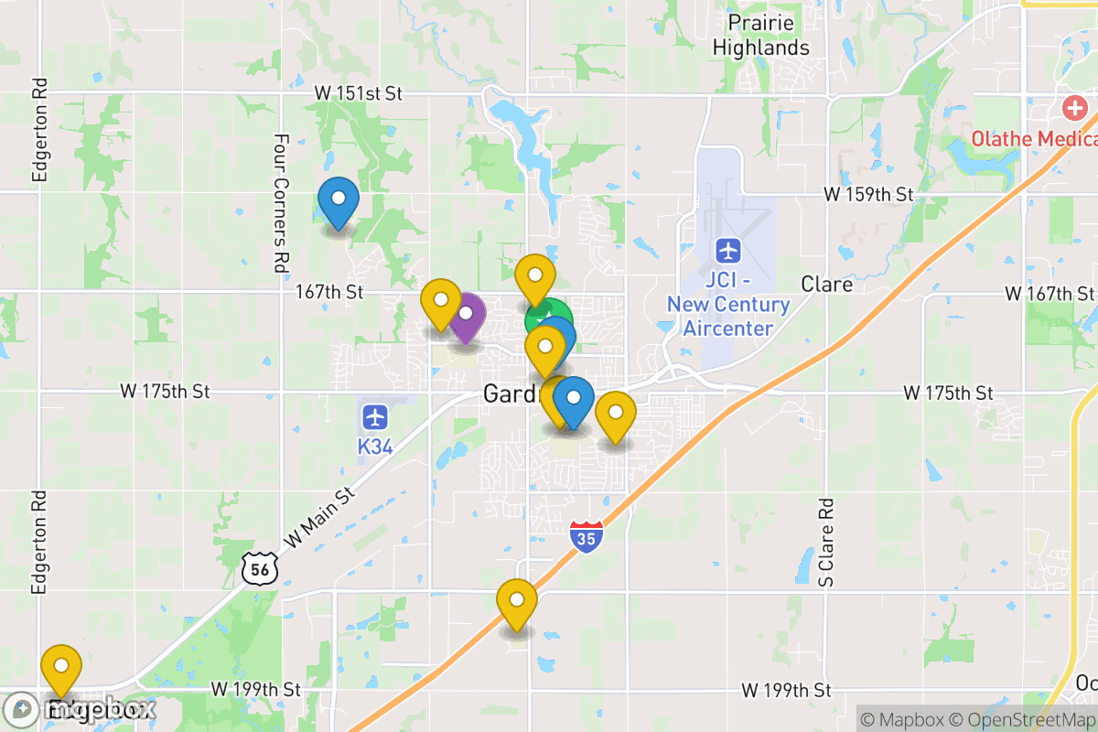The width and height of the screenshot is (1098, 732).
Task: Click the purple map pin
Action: (466, 316)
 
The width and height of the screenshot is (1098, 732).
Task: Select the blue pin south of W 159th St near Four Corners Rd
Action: (339, 199)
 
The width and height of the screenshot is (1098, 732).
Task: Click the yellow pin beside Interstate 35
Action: (517, 602)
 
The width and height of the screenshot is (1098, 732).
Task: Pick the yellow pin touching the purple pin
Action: (440, 302)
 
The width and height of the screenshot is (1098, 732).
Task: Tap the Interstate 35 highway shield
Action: (587, 536)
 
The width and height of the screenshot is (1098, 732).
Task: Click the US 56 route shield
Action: (258, 568)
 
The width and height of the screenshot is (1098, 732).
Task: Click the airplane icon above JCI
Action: (728, 249)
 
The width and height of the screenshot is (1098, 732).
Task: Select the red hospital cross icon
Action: (1074, 110)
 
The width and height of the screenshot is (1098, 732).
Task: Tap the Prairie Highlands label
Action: (761, 35)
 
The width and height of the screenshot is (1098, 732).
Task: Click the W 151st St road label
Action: (358, 93)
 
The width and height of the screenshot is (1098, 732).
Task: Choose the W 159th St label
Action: (868, 194)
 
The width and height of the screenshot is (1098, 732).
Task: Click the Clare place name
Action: (827, 285)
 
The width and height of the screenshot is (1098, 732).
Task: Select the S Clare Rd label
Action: (826, 542)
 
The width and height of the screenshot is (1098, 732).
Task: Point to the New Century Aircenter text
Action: (728, 317)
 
